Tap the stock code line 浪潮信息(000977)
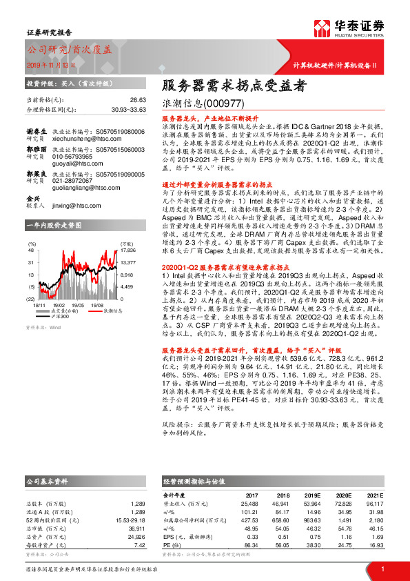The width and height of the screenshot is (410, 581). [x=196, y=105]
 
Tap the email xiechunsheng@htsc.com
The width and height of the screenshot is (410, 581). [x=97, y=138]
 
